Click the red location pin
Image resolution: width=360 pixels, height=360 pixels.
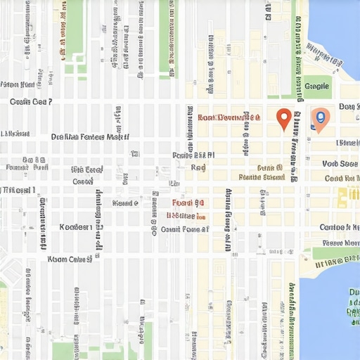pos(283,118)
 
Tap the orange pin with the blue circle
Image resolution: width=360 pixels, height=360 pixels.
pos(319,119)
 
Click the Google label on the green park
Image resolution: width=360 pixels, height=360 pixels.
pos(317,86)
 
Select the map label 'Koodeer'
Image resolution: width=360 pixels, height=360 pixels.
pos(75,227)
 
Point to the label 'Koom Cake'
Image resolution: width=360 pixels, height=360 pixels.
pos(70,259)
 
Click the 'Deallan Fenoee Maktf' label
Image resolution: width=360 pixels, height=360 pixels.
pos(90,137)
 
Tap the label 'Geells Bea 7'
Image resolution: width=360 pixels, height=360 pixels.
pos(31,102)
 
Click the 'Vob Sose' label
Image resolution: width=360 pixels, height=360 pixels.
pos(340,163)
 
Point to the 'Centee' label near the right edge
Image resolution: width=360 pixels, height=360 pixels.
pos(339,227)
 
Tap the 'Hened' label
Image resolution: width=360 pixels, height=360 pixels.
pos(125,203)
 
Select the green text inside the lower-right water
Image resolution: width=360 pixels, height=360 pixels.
pos(352,302)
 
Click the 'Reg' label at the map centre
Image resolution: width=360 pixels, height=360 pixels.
pos(198,168)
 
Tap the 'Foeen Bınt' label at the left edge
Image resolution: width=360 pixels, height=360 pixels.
pos(18,85)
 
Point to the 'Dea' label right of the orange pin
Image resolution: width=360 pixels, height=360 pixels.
pos(348,107)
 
